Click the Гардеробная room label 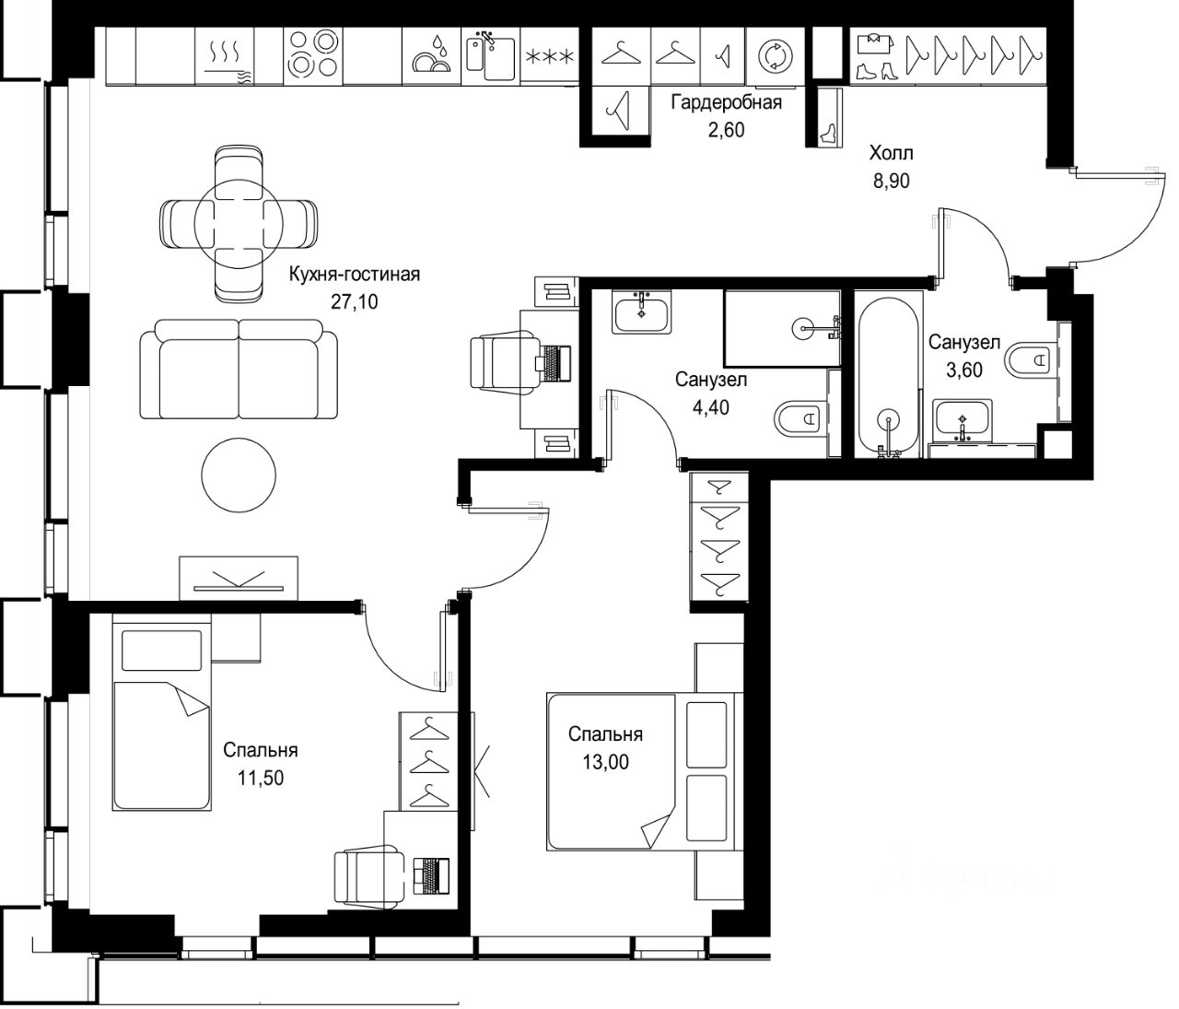726,102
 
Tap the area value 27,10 355,301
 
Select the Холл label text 891,153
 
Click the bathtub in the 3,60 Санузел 888,377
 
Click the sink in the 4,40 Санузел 642,311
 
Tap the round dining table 239,224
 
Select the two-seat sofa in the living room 239,370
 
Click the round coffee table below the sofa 239,475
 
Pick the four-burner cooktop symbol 312,55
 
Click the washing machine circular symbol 776,56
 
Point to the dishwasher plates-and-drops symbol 431,55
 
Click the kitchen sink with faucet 490,56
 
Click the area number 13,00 605,762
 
